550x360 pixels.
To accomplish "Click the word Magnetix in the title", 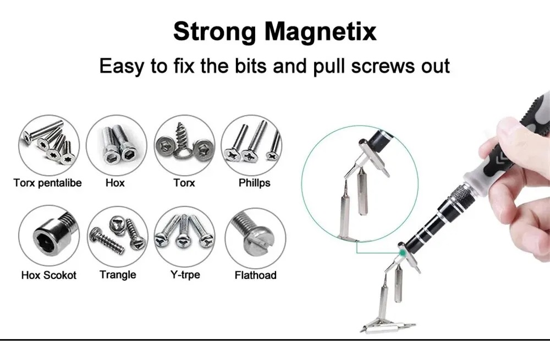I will click(x=322, y=32).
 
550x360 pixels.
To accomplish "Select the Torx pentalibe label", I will click(x=47, y=183).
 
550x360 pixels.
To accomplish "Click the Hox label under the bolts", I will click(x=115, y=183).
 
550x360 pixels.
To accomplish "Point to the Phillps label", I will click(x=254, y=183).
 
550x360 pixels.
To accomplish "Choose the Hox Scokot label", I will click(x=48, y=275).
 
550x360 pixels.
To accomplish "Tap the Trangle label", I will click(x=118, y=274).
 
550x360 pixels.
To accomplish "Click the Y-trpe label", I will click(x=184, y=274).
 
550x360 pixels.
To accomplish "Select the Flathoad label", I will click(x=255, y=275).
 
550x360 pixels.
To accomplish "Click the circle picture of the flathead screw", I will click(x=255, y=237).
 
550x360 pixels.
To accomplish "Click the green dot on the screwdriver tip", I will click(x=404, y=252).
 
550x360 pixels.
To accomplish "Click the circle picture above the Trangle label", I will click(x=118, y=237).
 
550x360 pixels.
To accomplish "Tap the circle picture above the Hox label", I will click(x=117, y=145).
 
